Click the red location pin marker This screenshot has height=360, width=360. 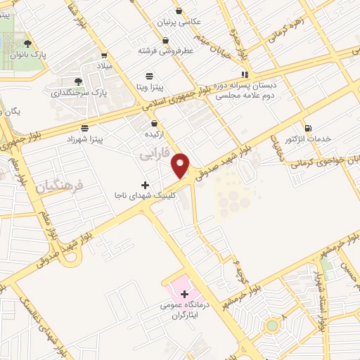pyautogui.click(x=181, y=165)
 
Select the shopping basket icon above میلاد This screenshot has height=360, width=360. pyautogui.click(x=104, y=55)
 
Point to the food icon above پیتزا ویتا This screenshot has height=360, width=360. pyautogui.click(x=149, y=75)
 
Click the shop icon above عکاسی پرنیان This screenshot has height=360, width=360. pyautogui.click(x=180, y=11)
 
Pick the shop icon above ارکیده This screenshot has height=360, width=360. pyautogui.click(x=154, y=123)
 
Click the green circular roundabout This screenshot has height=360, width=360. pyautogui.click(x=271, y=325)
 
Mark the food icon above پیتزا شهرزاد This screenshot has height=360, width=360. pyautogui.click(x=84, y=127)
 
